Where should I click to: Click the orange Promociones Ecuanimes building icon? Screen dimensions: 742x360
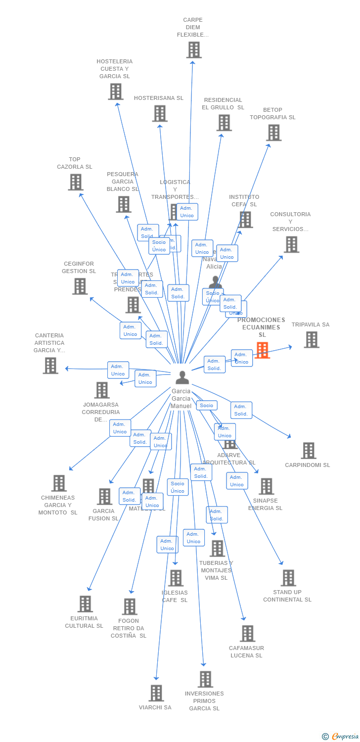[262, 350]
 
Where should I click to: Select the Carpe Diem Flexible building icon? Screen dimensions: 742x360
[194, 50]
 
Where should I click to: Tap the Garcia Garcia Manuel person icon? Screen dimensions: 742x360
[182, 378]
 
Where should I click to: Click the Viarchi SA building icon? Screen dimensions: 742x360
[156, 693]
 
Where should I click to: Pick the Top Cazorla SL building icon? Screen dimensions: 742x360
[75, 182]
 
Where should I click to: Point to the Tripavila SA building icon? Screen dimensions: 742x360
[311, 340]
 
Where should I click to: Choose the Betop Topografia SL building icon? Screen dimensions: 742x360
[273, 133]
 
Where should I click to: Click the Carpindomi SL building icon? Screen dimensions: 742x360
[308, 451]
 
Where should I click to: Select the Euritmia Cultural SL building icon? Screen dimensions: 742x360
[85, 604]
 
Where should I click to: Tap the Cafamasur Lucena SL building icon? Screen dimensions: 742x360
[247, 634]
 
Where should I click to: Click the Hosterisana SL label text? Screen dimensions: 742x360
[159, 98]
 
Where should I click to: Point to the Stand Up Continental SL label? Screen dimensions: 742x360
[287, 596]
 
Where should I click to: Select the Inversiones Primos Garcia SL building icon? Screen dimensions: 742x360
[205, 679]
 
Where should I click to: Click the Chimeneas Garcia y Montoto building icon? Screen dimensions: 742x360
[59, 483]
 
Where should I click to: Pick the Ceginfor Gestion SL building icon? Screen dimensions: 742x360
[80, 286]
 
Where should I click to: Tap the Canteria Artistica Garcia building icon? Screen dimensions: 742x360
[50, 366]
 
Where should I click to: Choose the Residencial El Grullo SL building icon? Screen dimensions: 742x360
[224, 123]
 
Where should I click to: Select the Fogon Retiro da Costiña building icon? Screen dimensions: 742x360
[130, 606]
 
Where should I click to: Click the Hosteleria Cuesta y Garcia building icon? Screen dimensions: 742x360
[115, 92]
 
